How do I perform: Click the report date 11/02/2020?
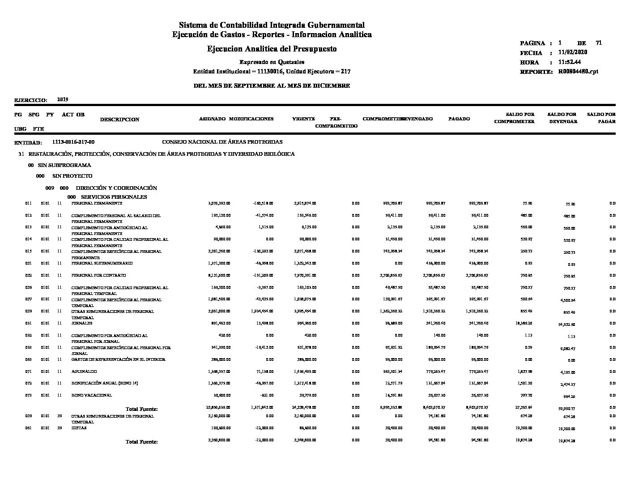point(573,52)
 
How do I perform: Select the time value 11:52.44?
point(570,62)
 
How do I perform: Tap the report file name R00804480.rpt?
point(578,72)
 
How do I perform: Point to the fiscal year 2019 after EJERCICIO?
point(63,100)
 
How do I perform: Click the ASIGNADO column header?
point(212,119)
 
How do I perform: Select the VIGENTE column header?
point(303,119)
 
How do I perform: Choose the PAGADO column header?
point(459,119)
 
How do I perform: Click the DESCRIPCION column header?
point(119,120)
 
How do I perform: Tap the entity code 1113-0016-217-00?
point(73,142)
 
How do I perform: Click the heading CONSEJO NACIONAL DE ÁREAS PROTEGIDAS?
point(222,142)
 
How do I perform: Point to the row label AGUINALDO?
point(84,372)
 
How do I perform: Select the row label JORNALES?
point(82,323)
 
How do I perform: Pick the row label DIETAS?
point(79,428)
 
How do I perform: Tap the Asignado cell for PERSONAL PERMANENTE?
point(219,203)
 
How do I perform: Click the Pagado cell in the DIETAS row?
point(479,428)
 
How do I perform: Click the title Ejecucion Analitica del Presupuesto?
point(272,49)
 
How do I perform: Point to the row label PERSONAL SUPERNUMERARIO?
point(102,263)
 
